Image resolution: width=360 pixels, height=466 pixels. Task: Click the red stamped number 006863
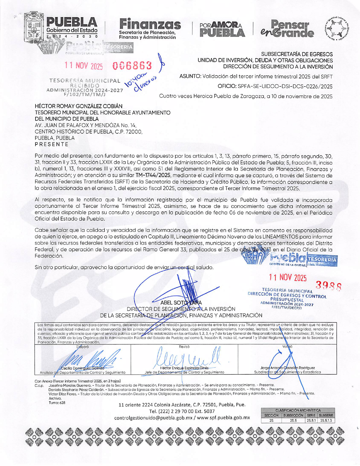click(x=132, y=66)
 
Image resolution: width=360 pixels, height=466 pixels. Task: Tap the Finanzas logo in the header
click(x=150, y=29)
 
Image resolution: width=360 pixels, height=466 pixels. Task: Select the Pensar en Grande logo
click(x=287, y=29)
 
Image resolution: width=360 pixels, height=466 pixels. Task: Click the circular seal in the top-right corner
click(x=337, y=28)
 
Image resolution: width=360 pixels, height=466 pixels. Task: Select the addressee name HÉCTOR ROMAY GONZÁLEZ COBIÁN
click(x=79, y=106)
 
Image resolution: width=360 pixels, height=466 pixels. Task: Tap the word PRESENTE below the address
click(x=52, y=144)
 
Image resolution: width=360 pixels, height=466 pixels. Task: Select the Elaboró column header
click(x=83, y=347)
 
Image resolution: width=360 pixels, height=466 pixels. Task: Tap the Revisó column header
click(x=184, y=347)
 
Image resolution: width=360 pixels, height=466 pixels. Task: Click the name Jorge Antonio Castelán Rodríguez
click(x=287, y=368)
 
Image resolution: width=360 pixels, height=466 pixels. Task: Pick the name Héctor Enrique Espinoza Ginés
click(x=184, y=368)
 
